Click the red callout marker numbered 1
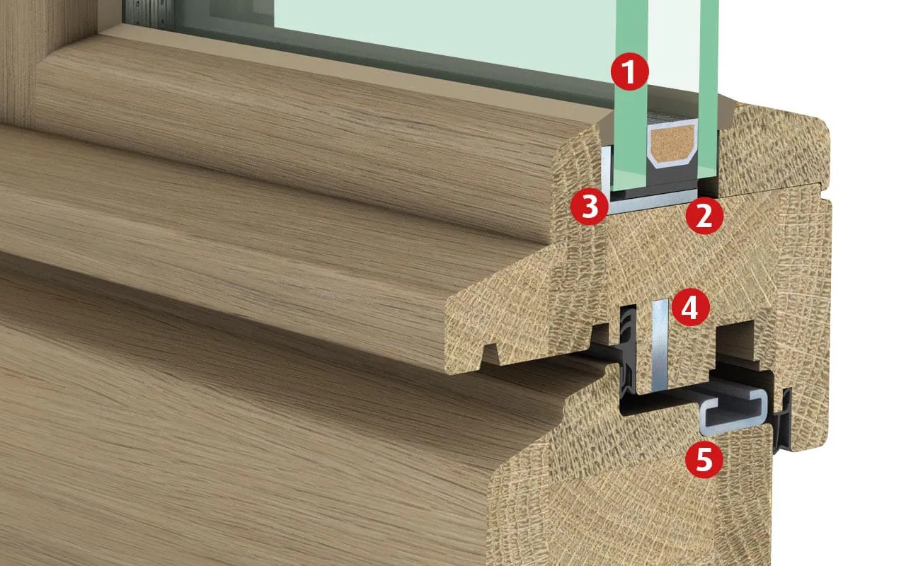[x=629, y=71]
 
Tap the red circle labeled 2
[x=704, y=216]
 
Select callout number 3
[x=590, y=206]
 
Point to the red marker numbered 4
[x=690, y=307]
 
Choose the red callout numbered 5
[x=704, y=460]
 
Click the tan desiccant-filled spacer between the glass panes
[x=672, y=142]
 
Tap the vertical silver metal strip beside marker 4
[x=660, y=346]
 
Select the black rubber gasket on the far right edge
[x=783, y=420]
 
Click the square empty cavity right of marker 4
[x=735, y=340]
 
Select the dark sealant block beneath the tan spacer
[x=672, y=177]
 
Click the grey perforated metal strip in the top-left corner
[x=149, y=14]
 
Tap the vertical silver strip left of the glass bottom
[x=605, y=170]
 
